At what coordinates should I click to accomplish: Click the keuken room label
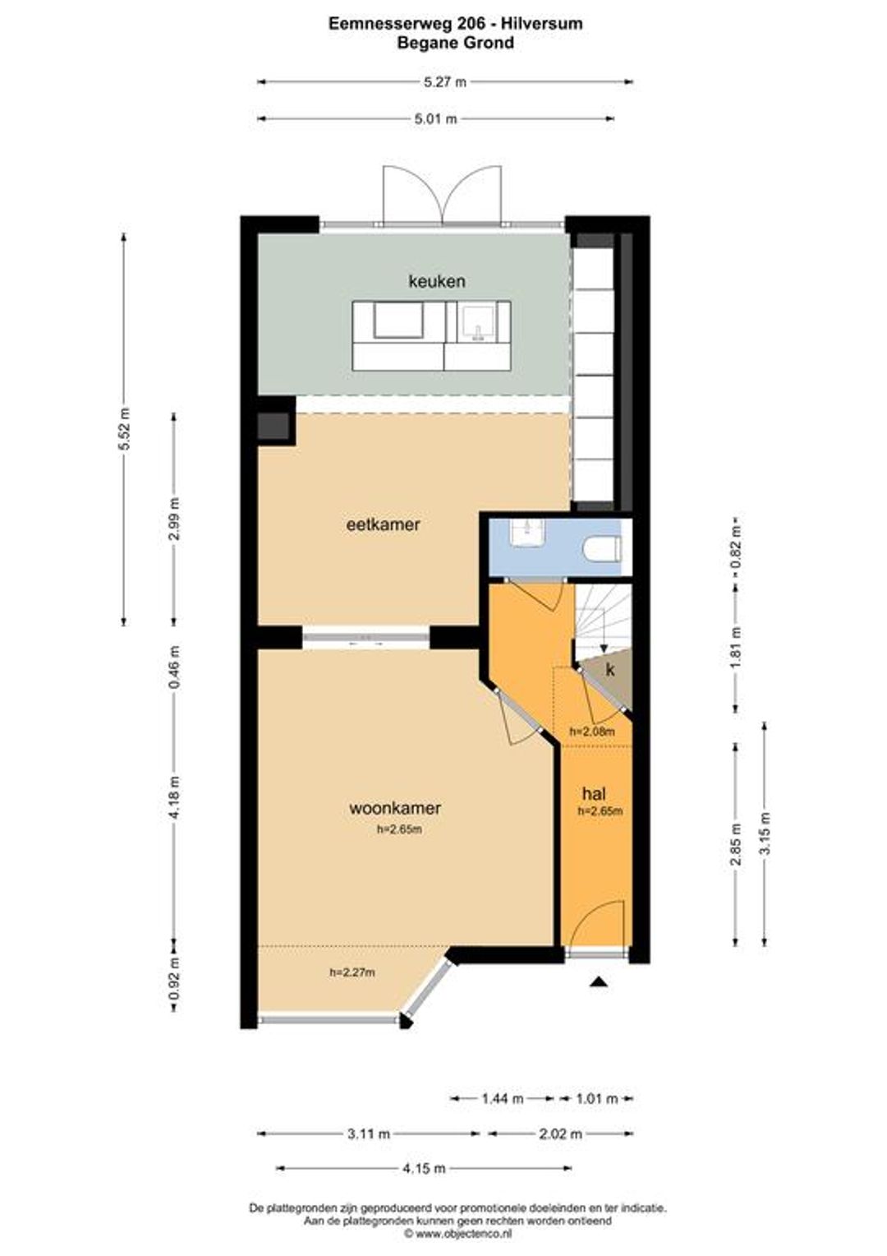point(436,281)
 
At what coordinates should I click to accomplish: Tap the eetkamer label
point(384,524)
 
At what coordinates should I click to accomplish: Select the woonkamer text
point(394,808)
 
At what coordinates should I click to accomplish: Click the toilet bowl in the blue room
point(602,547)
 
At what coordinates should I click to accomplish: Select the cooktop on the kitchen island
point(398,321)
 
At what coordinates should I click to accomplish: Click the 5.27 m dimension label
point(445,82)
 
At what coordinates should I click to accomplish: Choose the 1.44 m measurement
point(502,1098)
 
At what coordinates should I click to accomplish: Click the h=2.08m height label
point(591,732)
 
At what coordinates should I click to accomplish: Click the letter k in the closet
point(610,669)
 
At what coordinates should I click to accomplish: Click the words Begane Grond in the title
point(456,43)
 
